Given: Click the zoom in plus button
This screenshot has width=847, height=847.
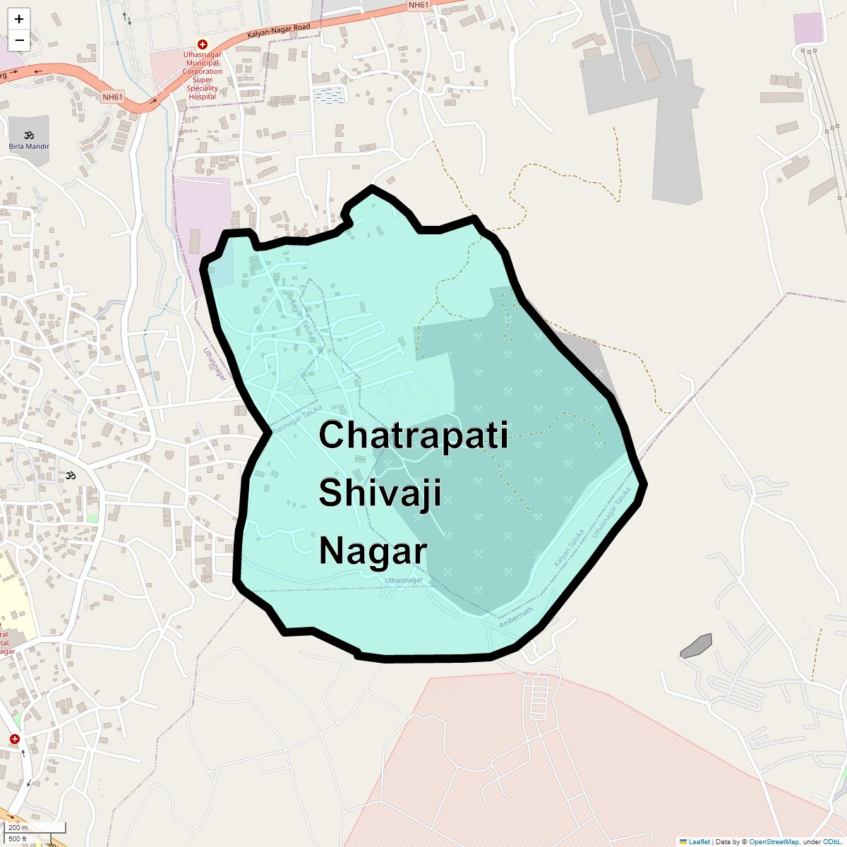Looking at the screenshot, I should tap(19, 19).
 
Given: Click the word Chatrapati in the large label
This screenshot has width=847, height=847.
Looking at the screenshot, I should tap(413, 435).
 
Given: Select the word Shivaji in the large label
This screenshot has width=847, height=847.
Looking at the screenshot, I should tap(380, 493).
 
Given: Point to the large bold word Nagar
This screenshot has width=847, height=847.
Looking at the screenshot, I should tap(373, 551).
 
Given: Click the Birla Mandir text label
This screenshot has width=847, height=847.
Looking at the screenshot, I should tap(29, 146).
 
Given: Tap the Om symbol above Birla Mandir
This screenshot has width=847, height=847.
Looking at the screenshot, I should tap(29, 135).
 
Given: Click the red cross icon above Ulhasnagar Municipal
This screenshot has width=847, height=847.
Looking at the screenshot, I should tap(202, 44).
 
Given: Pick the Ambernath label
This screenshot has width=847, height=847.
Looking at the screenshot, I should tap(516, 618).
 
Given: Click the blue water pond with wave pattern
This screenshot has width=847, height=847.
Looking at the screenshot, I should tap(329, 95).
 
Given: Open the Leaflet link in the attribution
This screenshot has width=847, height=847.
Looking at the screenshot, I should tap(699, 842).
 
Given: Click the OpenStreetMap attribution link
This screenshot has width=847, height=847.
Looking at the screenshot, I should tap(774, 842).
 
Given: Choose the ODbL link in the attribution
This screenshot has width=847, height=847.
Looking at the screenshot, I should tap(831, 842).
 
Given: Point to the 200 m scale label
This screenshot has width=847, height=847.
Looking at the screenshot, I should tap(18, 828).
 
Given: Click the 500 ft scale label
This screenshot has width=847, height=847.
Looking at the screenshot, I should tap(18, 839).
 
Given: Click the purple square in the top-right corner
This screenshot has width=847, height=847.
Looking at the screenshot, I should tap(808, 28).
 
